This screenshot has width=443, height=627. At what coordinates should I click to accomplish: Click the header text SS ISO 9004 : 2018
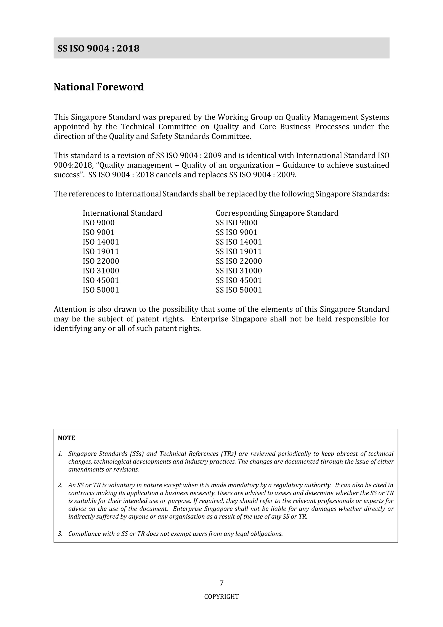point(98,48)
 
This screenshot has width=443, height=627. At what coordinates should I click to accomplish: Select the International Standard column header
point(122,213)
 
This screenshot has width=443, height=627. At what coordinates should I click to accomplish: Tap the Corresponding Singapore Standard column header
point(277,213)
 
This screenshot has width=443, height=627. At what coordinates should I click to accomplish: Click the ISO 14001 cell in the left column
point(101,242)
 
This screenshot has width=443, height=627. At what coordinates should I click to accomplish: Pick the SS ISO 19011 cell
point(239,252)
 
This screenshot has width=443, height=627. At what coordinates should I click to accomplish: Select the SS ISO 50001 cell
point(239,290)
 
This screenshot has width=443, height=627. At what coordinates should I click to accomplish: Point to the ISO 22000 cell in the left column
point(101,261)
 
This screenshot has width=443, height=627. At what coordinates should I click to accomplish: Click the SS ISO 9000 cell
point(236,223)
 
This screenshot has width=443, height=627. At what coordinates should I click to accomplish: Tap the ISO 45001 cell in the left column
point(101,280)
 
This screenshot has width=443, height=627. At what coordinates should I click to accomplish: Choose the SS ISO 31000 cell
point(239,271)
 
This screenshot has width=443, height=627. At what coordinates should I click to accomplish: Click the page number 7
point(221,583)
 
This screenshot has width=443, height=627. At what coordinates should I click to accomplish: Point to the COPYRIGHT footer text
point(221,597)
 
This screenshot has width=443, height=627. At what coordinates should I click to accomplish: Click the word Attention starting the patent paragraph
point(70,309)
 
